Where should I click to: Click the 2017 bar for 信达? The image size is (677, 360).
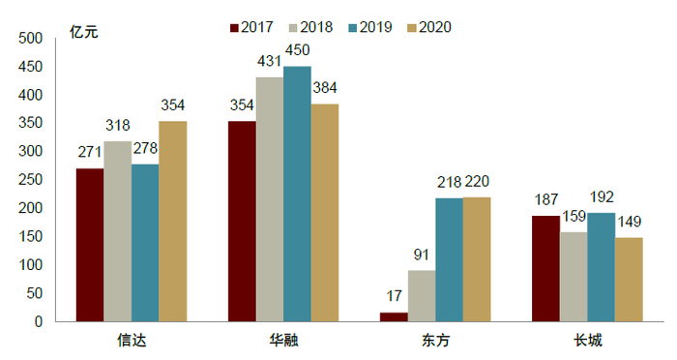point(90,245)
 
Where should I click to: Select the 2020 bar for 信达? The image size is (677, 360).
point(173,222)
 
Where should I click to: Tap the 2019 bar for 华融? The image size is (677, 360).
point(297,194)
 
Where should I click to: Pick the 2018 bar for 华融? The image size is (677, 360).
point(269,199)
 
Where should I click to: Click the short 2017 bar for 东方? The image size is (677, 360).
point(394,316)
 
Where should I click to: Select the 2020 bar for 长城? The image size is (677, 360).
point(629,280)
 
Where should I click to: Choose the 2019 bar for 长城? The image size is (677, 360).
point(602,267)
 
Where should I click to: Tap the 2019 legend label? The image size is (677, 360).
point(375,27)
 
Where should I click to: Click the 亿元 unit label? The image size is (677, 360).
point(84,29)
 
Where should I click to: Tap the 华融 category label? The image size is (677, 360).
point(283,341)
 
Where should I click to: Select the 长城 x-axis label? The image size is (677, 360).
point(587,341)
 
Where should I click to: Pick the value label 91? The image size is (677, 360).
point(422,255)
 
